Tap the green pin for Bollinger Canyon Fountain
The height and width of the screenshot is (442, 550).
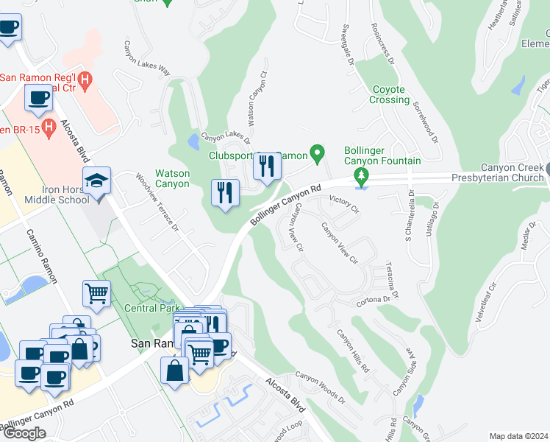(361, 176)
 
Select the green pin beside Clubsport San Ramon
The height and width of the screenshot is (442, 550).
(318, 155)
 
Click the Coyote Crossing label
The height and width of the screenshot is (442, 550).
(389, 94)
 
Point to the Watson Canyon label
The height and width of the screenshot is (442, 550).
(171, 178)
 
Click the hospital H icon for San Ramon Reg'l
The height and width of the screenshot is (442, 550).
(85, 78)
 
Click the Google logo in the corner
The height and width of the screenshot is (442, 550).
(24, 433)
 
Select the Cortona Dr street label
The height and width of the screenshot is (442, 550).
(375, 300)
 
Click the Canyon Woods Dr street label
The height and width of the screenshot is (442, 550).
(320, 387)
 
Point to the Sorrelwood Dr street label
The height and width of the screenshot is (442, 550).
(426, 122)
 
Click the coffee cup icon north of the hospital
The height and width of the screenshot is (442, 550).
(10, 28)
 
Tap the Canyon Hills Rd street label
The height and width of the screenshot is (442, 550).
(353, 350)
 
